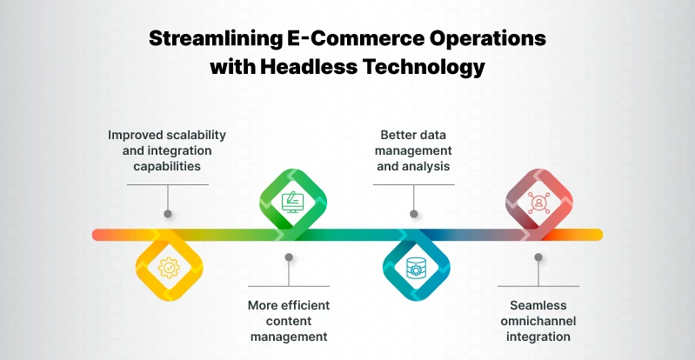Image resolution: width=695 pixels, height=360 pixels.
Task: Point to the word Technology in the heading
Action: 426,66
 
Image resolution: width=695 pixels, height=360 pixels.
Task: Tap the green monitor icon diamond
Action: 291,202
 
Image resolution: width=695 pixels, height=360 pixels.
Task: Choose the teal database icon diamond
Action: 416,267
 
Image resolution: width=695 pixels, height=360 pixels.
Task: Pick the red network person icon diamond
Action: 538,202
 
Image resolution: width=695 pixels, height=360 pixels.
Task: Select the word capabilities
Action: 167,166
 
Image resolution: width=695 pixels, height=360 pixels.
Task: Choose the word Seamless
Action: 539,305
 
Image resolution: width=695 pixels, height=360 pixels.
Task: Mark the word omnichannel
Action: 539,321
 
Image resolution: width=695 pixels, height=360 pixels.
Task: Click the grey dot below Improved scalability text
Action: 167,213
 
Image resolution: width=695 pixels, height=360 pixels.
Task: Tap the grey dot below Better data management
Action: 414,213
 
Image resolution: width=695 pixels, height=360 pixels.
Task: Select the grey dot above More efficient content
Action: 290,257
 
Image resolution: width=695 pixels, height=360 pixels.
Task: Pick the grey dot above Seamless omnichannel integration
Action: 539,257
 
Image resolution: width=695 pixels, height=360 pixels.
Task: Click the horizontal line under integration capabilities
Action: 167,184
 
